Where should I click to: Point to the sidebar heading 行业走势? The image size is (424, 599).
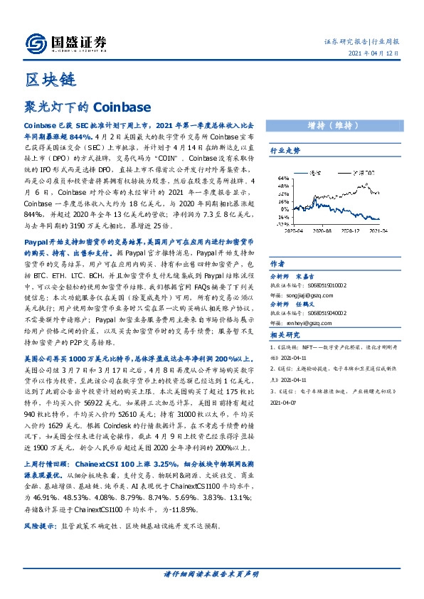[x=285, y=151]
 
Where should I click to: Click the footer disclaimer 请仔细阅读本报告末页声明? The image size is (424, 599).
[x=211, y=573]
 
